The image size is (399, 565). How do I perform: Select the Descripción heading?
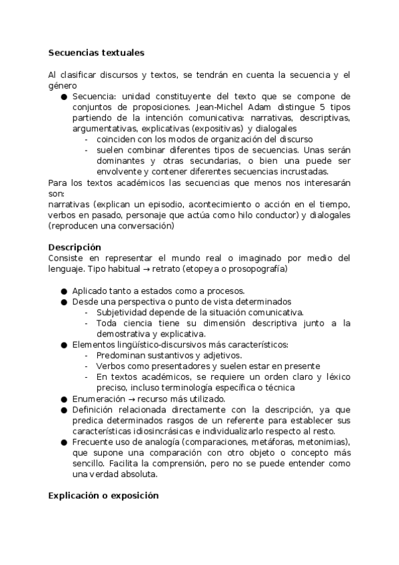tap(75, 247)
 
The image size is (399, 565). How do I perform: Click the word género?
tap(63, 85)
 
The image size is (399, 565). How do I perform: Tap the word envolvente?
tap(119, 171)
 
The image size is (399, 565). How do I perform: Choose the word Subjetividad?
tap(127, 312)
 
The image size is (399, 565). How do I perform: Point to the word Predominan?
tap(125, 355)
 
